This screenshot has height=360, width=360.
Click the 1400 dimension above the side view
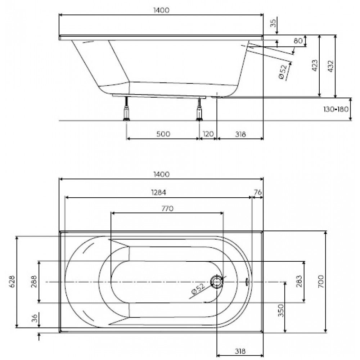pos(161,10)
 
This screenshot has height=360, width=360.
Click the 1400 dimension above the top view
pos(161,175)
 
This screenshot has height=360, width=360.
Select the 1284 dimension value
pos(158,192)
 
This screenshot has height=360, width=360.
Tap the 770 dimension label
pos(167,208)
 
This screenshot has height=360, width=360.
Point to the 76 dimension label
pos(258,192)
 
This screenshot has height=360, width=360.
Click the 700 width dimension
pos(321,282)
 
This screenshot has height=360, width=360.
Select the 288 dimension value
pos(34,282)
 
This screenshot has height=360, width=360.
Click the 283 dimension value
pos(299,281)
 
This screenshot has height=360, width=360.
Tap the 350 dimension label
pos(281,310)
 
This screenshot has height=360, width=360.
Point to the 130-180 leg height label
pos(336,109)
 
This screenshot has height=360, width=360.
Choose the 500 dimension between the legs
pos(163,134)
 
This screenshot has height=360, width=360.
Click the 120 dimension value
pos(208,134)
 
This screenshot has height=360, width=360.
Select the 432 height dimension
pos(330,66)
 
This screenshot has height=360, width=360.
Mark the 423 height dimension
pos(315,66)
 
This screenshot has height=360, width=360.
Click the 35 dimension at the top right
pos(273,23)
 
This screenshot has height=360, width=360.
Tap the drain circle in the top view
pos(216,282)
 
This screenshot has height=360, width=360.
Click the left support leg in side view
pos(126,109)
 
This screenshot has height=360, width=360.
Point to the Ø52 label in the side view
pos(283,72)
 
